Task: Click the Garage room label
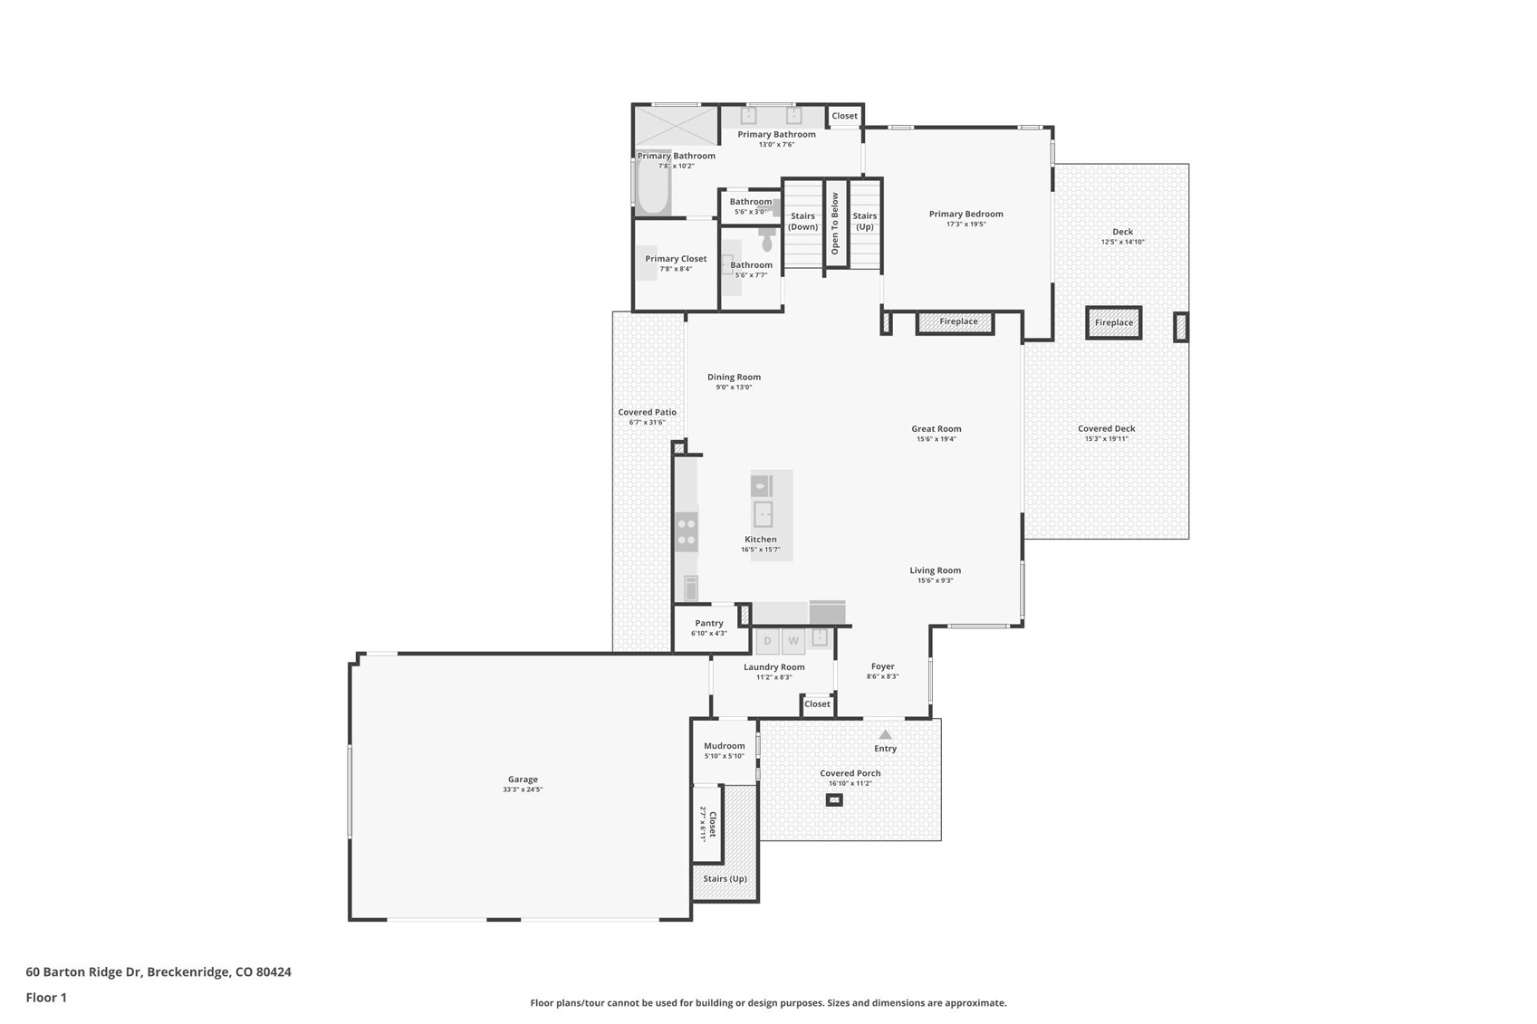[523, 779]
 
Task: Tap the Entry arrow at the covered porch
[885, 734]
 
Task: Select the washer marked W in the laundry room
[793, 641]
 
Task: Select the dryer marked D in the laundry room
[767, 641]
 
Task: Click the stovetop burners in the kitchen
[687, 531]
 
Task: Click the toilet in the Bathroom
[767, 241]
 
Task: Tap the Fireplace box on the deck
[1113, 322]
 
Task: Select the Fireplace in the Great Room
[957, 321]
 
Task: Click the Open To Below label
[835, 224]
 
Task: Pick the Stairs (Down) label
[802, 222]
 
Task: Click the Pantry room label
[709, 623]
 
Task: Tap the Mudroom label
[724, 746]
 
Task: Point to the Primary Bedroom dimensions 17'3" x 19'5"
[965, 225]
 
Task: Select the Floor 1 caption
[46, 998]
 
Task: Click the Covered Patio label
[647, 412]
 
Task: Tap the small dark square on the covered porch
[834, 800]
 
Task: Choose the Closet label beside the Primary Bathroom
[844, 116]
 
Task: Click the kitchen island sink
[763, 514]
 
